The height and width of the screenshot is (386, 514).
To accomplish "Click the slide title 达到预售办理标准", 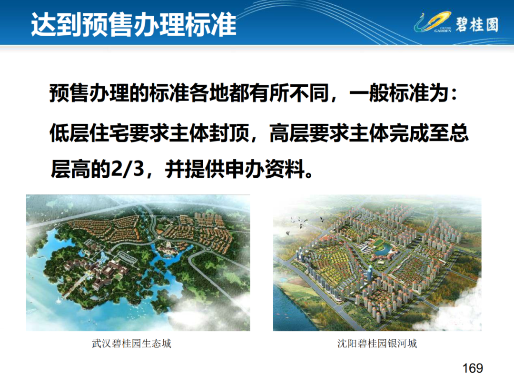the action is [133, 24].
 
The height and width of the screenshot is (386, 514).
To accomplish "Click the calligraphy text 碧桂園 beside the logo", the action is [477, 24].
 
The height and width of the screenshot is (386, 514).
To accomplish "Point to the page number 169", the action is [473, 368].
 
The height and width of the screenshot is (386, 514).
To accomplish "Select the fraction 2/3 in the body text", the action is [128, 169].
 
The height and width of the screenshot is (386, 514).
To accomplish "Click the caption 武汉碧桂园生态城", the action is [131, 343].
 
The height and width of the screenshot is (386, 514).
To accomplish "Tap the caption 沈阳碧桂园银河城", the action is [377, 343].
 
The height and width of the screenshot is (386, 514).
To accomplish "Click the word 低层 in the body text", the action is [69, 133].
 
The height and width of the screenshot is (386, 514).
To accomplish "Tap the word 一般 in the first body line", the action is [369, 93].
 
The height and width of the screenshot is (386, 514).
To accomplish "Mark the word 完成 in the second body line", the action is [409, 133].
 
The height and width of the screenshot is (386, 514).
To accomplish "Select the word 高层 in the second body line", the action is [289, 133].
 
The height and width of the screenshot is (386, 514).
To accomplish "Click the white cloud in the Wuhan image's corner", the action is [210, 314].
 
